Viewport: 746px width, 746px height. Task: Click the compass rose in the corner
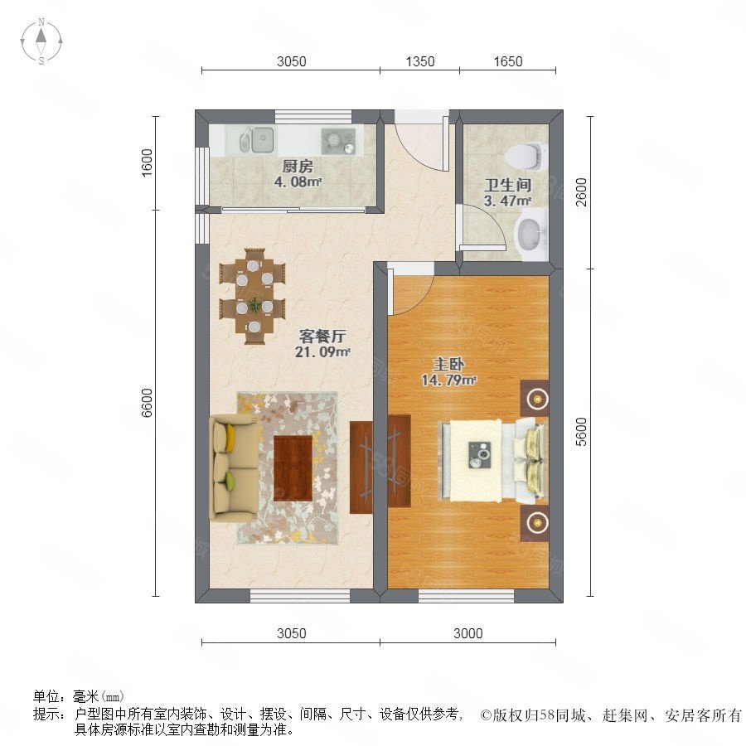[41, 41]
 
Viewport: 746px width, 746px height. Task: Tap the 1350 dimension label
[420, 61]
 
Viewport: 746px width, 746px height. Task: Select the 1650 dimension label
[507, 61]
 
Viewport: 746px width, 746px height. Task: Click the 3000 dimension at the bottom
[467, 633]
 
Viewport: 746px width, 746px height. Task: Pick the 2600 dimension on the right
[581, 191]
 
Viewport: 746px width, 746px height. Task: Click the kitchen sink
[256, 140]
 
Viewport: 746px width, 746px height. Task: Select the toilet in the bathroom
[526, 157]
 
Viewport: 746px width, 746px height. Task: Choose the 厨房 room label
[298, 166]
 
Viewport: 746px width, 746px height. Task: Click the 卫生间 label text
[507, 185]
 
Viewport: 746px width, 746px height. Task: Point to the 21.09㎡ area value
[322, 352]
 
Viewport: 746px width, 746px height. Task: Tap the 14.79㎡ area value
[448, 380]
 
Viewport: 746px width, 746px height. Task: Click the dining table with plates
[253, 295]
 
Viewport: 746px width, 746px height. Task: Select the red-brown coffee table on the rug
[293, 468]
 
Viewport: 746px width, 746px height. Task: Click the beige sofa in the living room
[234, 467]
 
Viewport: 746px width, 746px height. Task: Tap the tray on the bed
[480, 454]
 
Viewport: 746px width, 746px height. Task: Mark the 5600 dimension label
[581, 432]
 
